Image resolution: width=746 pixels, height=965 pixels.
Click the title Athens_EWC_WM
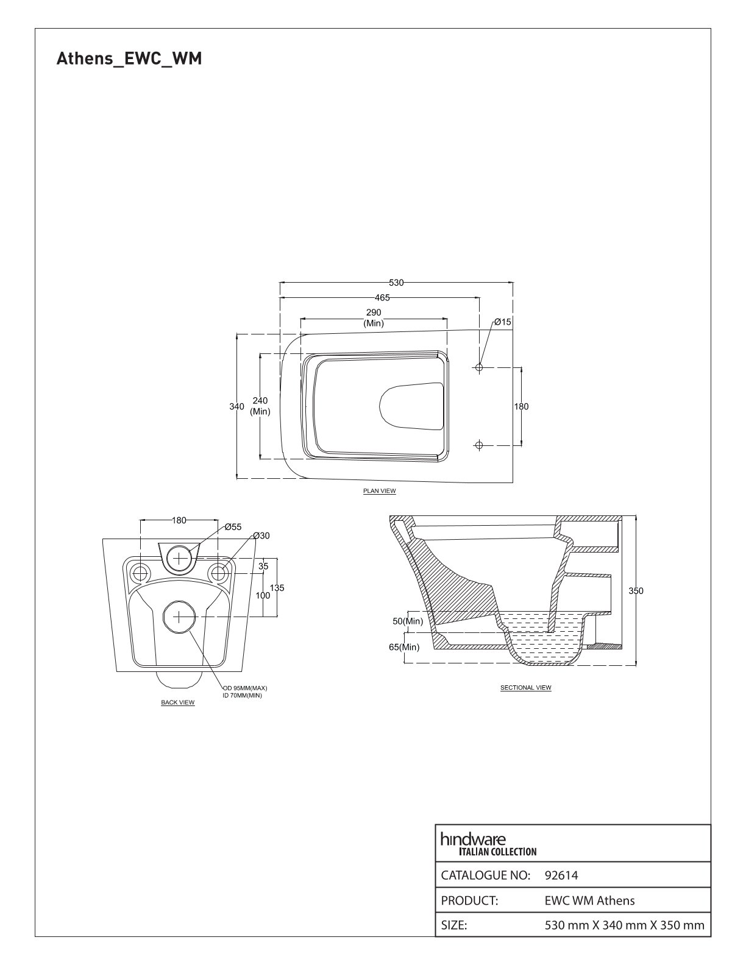pyautogui.click(x=129, y=58)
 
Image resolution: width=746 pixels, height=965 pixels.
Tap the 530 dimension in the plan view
pyautogui.click(x=396, y=283)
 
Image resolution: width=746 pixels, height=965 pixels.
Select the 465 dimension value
pyautogui.click(x=382, y=297)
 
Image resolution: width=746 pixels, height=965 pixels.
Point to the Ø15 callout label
pyautogui.click(x=503, y=322)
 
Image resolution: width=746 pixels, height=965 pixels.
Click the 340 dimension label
pyautogui.click(x=236, y=406)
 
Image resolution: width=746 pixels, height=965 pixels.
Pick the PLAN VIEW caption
pyautogui.click(x=379, y=490)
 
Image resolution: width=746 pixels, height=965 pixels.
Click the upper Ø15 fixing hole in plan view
pyautogui.click(x=479, y=367)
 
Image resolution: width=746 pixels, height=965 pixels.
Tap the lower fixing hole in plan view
pyautogui.click(x=479, y=445)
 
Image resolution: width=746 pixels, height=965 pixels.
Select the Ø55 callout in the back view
pyautogui.click(x=233, y=527)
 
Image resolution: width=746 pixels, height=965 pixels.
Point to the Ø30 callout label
pyautogui.click(x=261, y=536)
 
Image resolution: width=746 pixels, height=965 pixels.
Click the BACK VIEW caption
pyautogui.click(x=178, y=702)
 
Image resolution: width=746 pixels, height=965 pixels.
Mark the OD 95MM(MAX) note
pyautogui.click(x=245, y=688)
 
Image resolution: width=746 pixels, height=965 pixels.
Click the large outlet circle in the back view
pyautogui.click(x=179, y=617)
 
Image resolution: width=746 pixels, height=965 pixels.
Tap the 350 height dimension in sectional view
pyautogui.click(x=635, y=590)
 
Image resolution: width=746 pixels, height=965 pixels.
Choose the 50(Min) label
pyautogui.click(x=407, y=621)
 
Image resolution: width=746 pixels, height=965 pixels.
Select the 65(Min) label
pyautogui.click(x=404, y=647)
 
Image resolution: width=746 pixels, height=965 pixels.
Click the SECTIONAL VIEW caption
pyautogui.click(x=525, y=687)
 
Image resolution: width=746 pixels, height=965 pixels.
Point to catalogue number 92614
pyautogui.click(x=561, y=875)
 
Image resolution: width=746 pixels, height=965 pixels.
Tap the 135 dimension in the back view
pyautogui.click(x=277, y=588)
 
